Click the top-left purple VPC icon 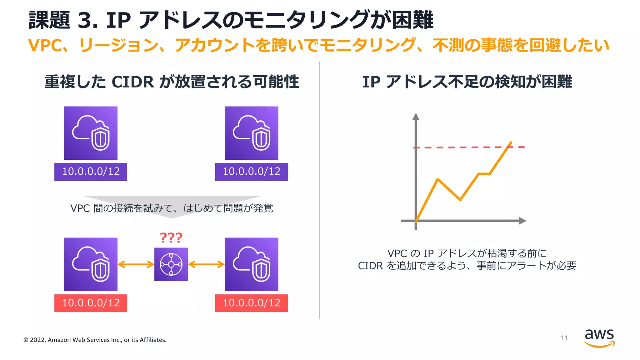[x=91, y=133]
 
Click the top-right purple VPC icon [x=251, y=133]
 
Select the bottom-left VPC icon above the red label [x=91, y=264]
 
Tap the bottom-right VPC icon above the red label [x=251, y=264]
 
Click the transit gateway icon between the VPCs [x=171, y=264]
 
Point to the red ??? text [x=171, y=238]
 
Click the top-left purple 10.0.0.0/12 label [x=91, y=172]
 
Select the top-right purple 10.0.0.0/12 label [x=251, y=172]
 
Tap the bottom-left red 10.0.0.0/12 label [x=91, y=303]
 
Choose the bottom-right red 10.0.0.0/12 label [x=251, y=303]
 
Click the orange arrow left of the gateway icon [x=136, y=264]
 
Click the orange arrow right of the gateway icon [x=206, y=264]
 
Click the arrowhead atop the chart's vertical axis [x=416, y=117]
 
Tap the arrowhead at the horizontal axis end [x=522, y=221]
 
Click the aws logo [x=599, y=338]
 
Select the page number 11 [x=564, y=338]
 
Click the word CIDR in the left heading [x=132, y=82]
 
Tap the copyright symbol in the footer [x=26, y=340]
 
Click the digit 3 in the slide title [x=85, y=21]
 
